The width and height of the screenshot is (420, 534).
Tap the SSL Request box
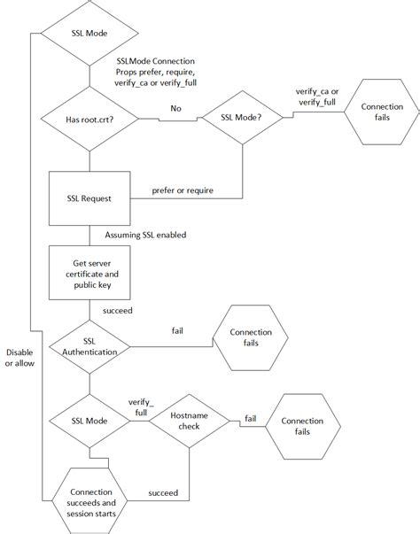click(89, 199)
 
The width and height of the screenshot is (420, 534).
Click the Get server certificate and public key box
click(89, 269)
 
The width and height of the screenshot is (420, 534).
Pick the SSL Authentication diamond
click(89, 346)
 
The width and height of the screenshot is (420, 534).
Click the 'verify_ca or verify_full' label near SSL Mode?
click(316, 97)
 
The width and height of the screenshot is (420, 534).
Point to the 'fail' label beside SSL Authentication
click(178, 330)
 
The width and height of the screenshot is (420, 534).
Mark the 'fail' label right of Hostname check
click(251, 418)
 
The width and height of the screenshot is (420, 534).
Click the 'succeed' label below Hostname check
click(163, 492)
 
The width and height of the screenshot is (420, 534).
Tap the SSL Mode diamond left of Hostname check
click(89, 420)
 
